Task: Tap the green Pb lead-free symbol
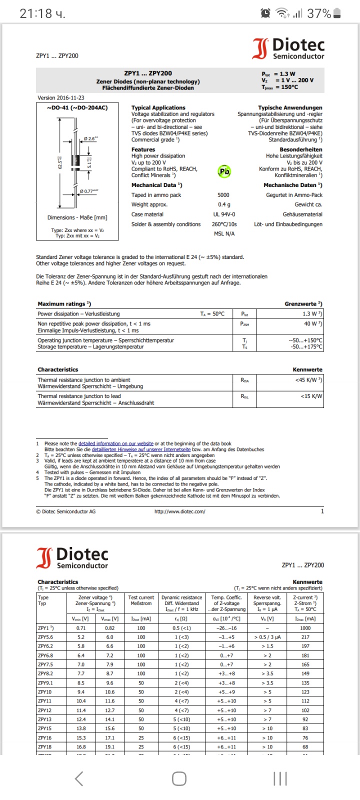(x=224, y=171)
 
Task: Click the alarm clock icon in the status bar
(x=265, y=13)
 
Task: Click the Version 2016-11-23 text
(x=61, y=98)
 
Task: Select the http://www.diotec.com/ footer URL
(x=179, y=511)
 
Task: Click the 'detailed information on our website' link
(x=116, y=443)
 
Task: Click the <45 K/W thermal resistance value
(x=308, y=380)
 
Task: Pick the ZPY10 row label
(x=45, y=692)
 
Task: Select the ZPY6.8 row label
(x=45, y=655)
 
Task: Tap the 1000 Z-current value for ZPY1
(x=305, y=628)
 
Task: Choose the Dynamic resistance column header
(x=181, y=597)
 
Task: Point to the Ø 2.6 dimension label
(x=90, y=138)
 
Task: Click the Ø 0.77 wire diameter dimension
(x=89, y=191)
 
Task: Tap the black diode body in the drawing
(x=76, y=160)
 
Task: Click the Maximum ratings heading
(x=64, y=304)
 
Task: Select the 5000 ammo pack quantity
(x=223, y=195)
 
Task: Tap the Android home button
(x=179, y=778)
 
